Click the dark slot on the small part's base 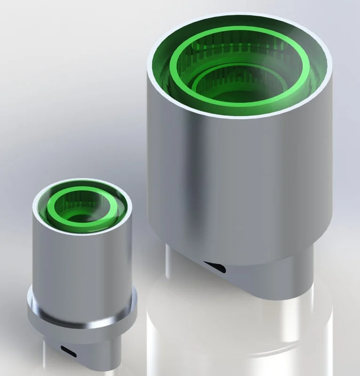coord(70,350)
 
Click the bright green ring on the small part coord(83,222)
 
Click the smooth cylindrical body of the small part coord(82,263)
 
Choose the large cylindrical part coord(240,155)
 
